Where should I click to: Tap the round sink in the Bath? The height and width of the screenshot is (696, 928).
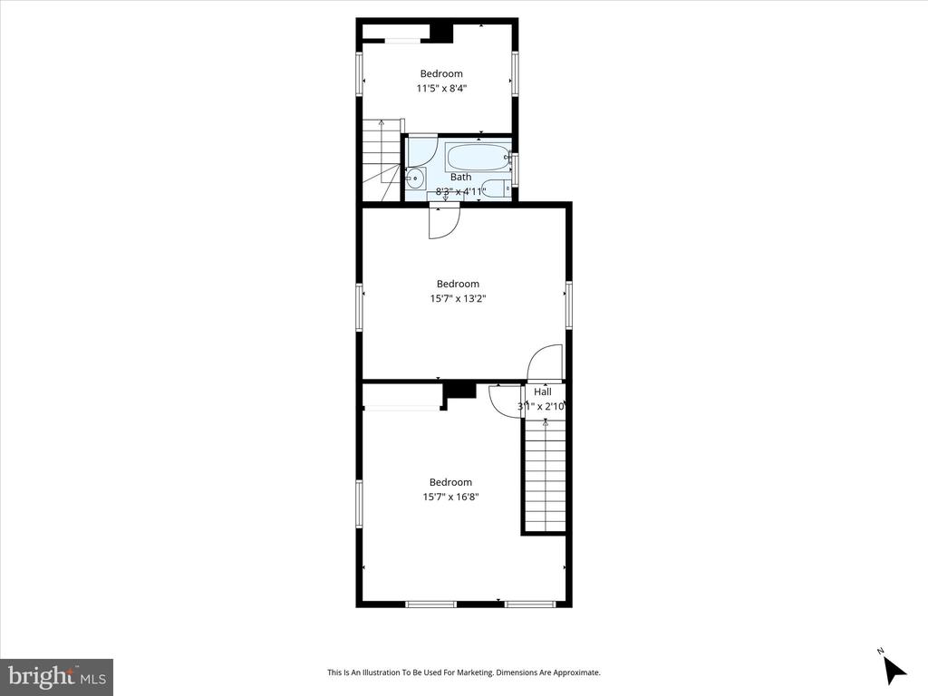[x=415, y=178]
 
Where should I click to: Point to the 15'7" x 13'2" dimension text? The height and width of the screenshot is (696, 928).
[x=458, y=299]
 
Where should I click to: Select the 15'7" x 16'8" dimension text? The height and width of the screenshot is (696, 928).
[x=450, y=498]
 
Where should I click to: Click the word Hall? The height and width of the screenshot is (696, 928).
[x=543, y=391]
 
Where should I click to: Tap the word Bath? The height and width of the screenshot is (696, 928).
[x=461, y=177]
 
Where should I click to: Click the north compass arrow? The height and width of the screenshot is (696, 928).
[x=894, y=670]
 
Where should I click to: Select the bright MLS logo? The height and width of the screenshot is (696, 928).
[x=57, y=676]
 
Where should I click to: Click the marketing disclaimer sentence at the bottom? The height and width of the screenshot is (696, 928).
[x=464, y=672]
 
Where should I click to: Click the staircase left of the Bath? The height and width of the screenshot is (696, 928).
[x=382, y=159]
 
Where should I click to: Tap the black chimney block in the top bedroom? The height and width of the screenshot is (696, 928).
[x=441, y=34]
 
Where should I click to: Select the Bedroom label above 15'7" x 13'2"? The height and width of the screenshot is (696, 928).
[x=458, y=284]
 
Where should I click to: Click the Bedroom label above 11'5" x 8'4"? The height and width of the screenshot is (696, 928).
[x=441, y=74]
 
